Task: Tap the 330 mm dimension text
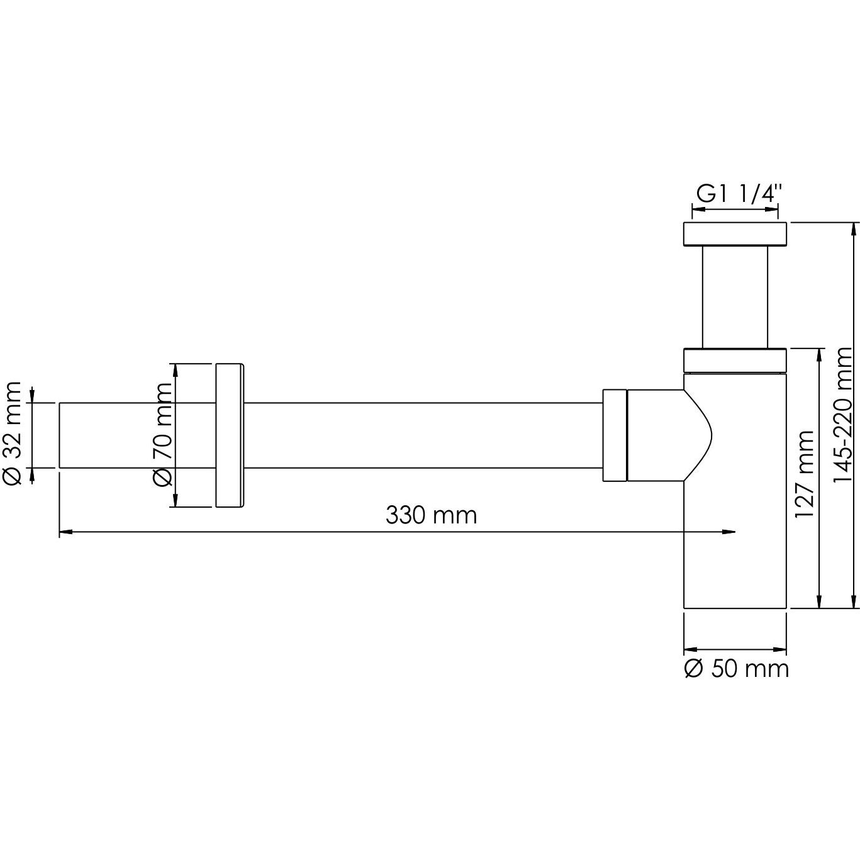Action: click(x=431, y=515)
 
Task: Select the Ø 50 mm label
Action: click(x=736, y=668)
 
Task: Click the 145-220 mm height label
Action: click(x=842, y=415)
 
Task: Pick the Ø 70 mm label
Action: click(x=163, y=435)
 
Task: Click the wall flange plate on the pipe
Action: click(x=230, y=435)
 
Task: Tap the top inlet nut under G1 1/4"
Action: click(x=735, y=233)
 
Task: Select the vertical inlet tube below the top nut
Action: click(x=735, y=296)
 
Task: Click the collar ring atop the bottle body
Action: click(x=735, y=360)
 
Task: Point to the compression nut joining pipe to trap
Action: click(x=615, y=435)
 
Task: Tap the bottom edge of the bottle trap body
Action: click(x=735, y=608)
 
